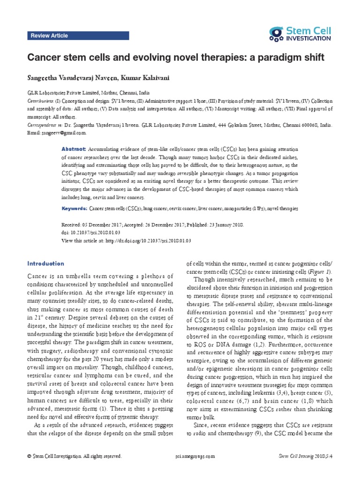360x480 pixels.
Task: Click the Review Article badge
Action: pyautogui.click(x=49, y=36)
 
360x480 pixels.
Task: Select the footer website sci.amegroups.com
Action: pyautogui.click(x=195, y=456)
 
